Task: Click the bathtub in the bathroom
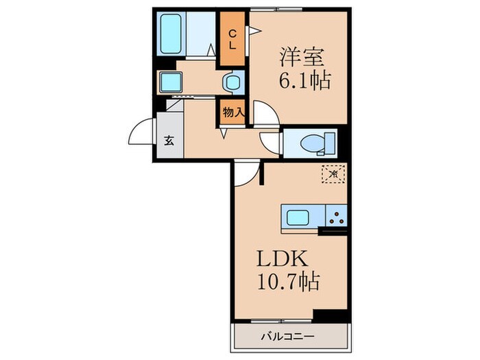coord(170,31)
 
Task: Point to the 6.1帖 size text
coord(303,81)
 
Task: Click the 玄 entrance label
coord(169,141)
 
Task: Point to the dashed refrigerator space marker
coord(333,174)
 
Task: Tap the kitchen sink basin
coord(299,219)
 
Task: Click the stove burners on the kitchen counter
coord(336,219)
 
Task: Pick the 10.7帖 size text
coord(288,282)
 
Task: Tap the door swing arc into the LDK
coord(248,175)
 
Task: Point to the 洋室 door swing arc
coord(266,113)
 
